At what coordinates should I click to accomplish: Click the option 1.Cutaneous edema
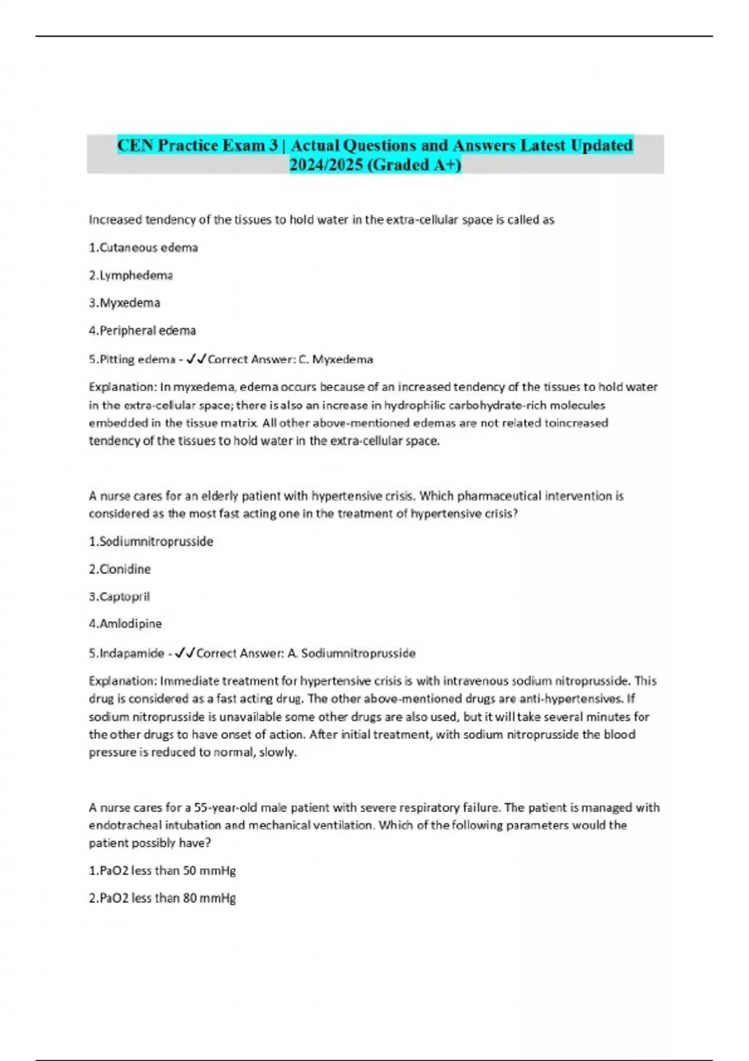click(x=143, y=248)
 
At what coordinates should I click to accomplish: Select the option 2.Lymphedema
click(x=130, y=275)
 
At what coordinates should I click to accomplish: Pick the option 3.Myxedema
click(x=124, y=303)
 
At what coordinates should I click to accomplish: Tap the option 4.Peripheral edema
click(x=142, y=330)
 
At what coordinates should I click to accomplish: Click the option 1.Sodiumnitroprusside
click(x=150, y=541)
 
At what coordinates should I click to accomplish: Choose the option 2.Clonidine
click(x=119, y=569)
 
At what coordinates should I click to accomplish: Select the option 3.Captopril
click(x=119, y=596)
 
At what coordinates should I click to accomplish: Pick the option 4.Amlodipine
click(x=125, y=623)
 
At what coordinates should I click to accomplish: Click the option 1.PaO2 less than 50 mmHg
click(x=162, y=870)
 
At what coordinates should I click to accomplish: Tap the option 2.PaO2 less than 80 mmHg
click(x=162, y=897)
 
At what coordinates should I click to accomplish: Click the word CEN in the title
click(x=135, y=145)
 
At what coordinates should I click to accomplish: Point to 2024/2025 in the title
click(x=325, y=165)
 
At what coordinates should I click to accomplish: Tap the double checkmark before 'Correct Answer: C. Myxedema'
click(x=197, y=359)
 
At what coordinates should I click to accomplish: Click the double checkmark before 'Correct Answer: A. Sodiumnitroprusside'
click(x=185, y=653)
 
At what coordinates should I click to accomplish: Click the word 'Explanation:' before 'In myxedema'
click(x=122, y=387)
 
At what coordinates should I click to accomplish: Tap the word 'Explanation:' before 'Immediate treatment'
click(x=122, y=681)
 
